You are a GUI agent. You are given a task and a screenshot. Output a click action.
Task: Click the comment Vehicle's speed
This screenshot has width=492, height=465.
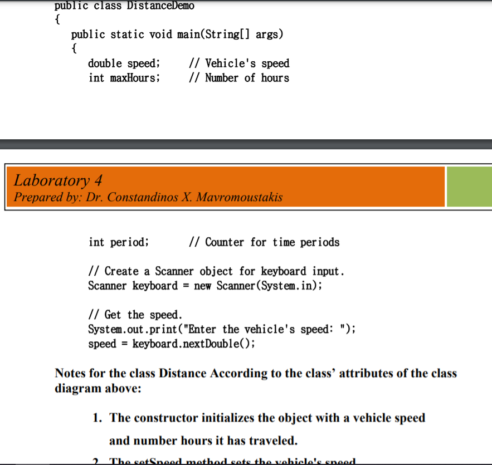tap(247, 63)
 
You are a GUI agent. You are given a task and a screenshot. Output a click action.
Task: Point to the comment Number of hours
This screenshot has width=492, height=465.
tap(247, 78)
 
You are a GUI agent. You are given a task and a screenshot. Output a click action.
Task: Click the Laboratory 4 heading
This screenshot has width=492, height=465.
tap(57, 180)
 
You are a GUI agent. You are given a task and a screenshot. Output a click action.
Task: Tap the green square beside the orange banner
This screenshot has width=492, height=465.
tap(469, 187)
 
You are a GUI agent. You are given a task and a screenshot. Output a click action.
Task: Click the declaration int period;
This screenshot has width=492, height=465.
tap(119, 242)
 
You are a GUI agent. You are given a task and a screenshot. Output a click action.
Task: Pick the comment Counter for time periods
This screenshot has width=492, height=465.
tap(272, 242)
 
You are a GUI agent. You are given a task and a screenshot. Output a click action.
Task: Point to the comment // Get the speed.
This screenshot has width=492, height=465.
tap(135, 315)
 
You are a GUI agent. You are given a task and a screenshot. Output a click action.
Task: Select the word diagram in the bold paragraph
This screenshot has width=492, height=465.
tap(77, 388)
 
